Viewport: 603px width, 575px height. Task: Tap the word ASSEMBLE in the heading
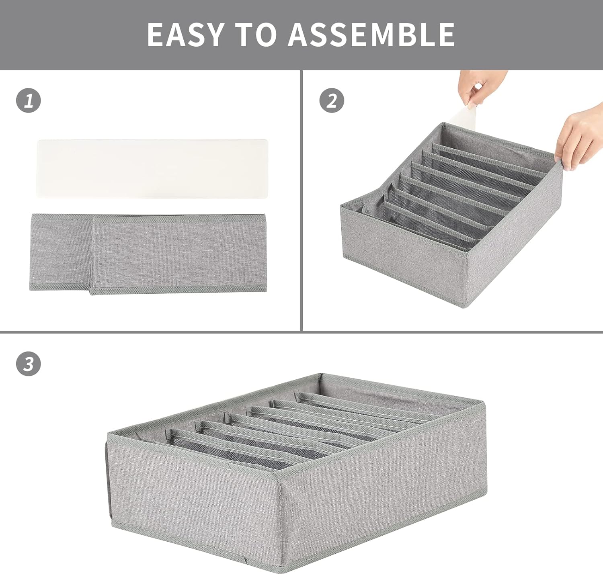pos(371,35)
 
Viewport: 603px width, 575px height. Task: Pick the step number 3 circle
pos(29,364)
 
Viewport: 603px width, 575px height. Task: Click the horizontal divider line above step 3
pos(301,332)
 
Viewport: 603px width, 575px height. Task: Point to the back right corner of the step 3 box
pos(484,402)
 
